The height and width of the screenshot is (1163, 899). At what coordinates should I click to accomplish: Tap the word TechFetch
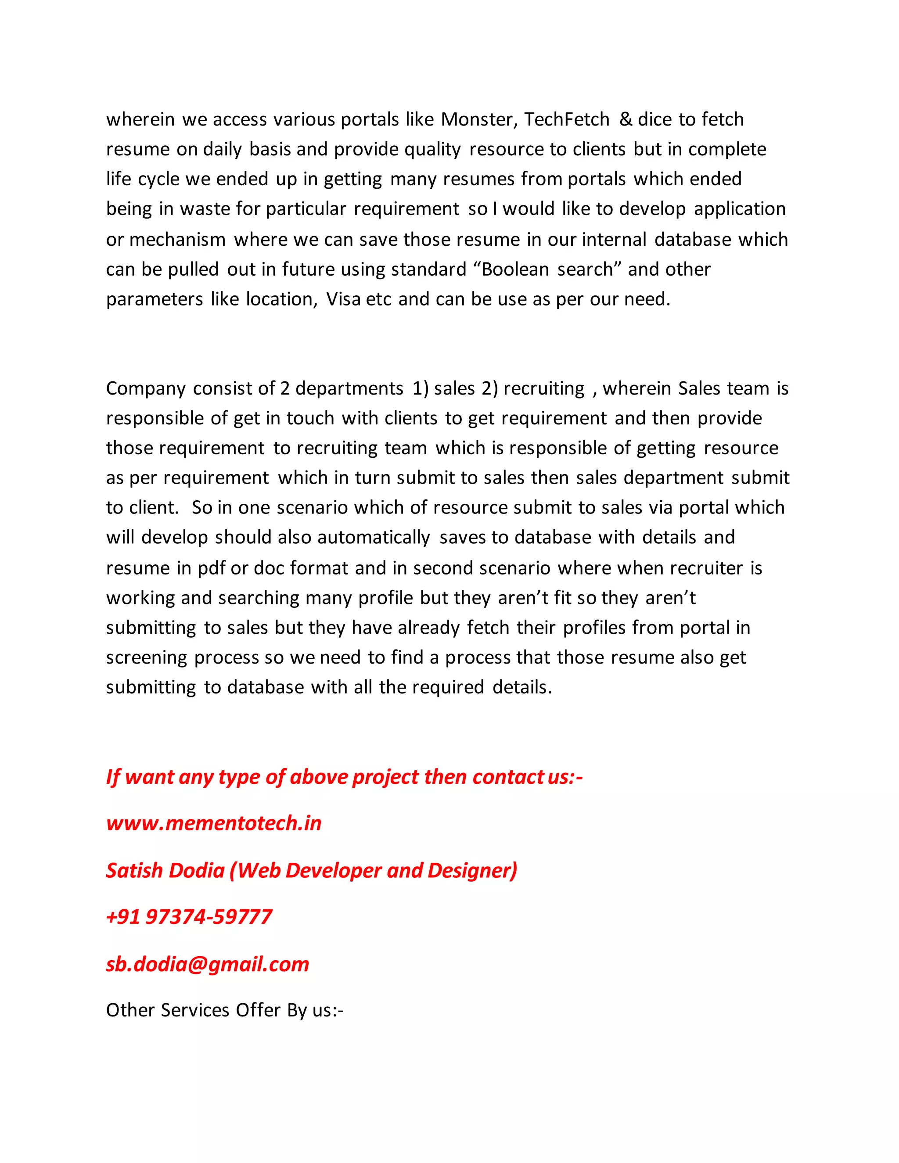click(x=567, y=119)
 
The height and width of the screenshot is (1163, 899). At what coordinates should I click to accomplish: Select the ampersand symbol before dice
click(x=626, y=119)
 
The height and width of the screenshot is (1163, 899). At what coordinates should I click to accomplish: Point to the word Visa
click(x=343, y=299)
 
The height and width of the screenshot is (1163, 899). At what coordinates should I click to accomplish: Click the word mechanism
click(x=177, y=240)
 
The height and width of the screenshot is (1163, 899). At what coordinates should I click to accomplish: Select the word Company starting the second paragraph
click(x=146, y=388)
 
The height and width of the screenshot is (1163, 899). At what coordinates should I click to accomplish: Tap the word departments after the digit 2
click(x=349, y=388)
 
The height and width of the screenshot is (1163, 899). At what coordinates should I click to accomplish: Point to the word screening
click(x=147, y=658)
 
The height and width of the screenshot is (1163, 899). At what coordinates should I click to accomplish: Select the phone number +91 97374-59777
click(x=189, y=917)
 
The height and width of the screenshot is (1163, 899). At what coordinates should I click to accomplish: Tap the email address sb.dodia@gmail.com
click(x=207, y=964)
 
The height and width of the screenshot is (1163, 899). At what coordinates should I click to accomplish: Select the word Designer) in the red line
click(x=472, y=871)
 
